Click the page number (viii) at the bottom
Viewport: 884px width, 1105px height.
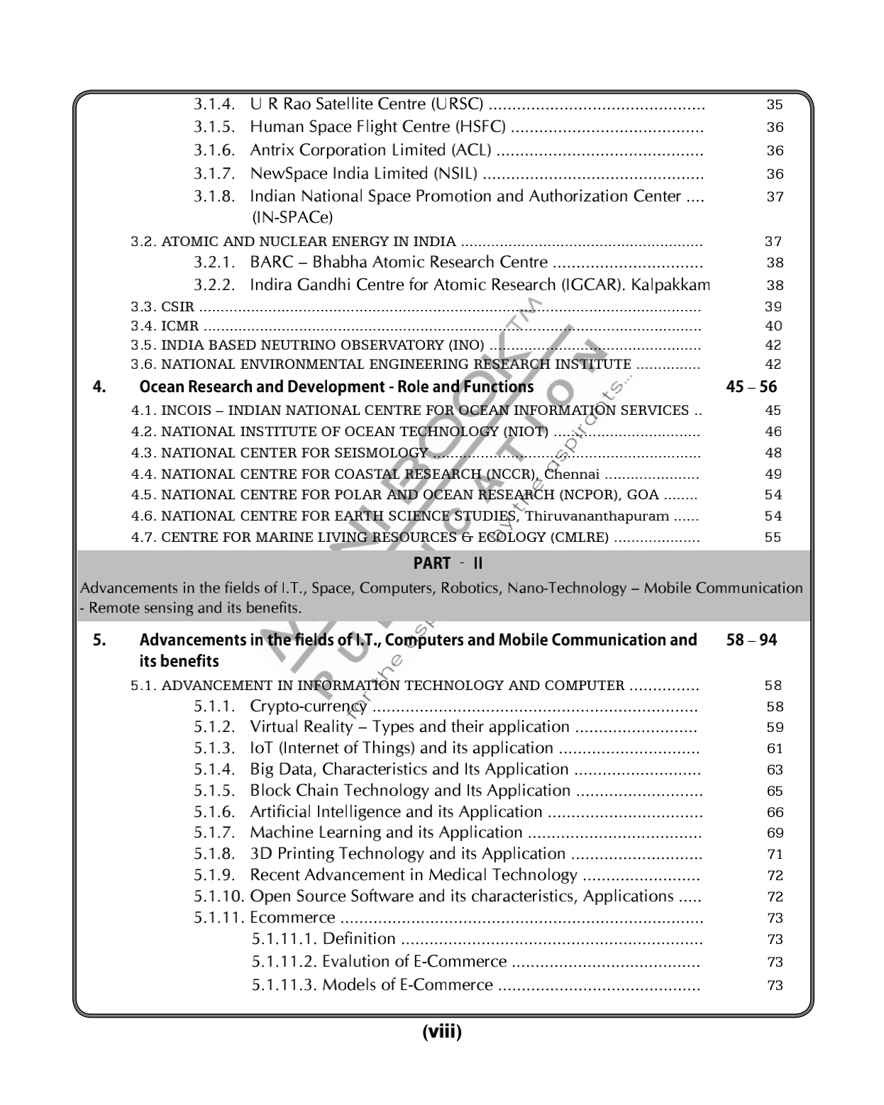click(x=441, y=1032)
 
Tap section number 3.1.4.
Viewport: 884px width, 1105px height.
click(x=214, y=104)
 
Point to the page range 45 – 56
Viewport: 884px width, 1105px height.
click(x=751, y=387)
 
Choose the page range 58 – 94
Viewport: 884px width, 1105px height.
click(x=751, y=640)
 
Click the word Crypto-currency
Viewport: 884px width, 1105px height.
click(x=309, y=706)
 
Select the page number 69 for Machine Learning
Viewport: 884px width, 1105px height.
click(x=775, y=833)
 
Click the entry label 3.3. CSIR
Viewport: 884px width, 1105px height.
click(x=162, y=307)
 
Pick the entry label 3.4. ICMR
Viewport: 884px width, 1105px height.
click(x=165, y=326)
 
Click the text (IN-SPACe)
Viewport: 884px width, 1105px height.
click(x=292, y=217)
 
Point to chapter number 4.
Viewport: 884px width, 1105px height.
click(x=100, y=387)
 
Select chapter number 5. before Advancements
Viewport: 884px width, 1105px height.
click(x=100, y=640)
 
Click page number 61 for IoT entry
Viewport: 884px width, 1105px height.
click(x=775, y=749)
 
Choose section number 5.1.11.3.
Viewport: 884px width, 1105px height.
click(x=284, y=985)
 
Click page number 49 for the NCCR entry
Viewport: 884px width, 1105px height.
click(x=773, y=474)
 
